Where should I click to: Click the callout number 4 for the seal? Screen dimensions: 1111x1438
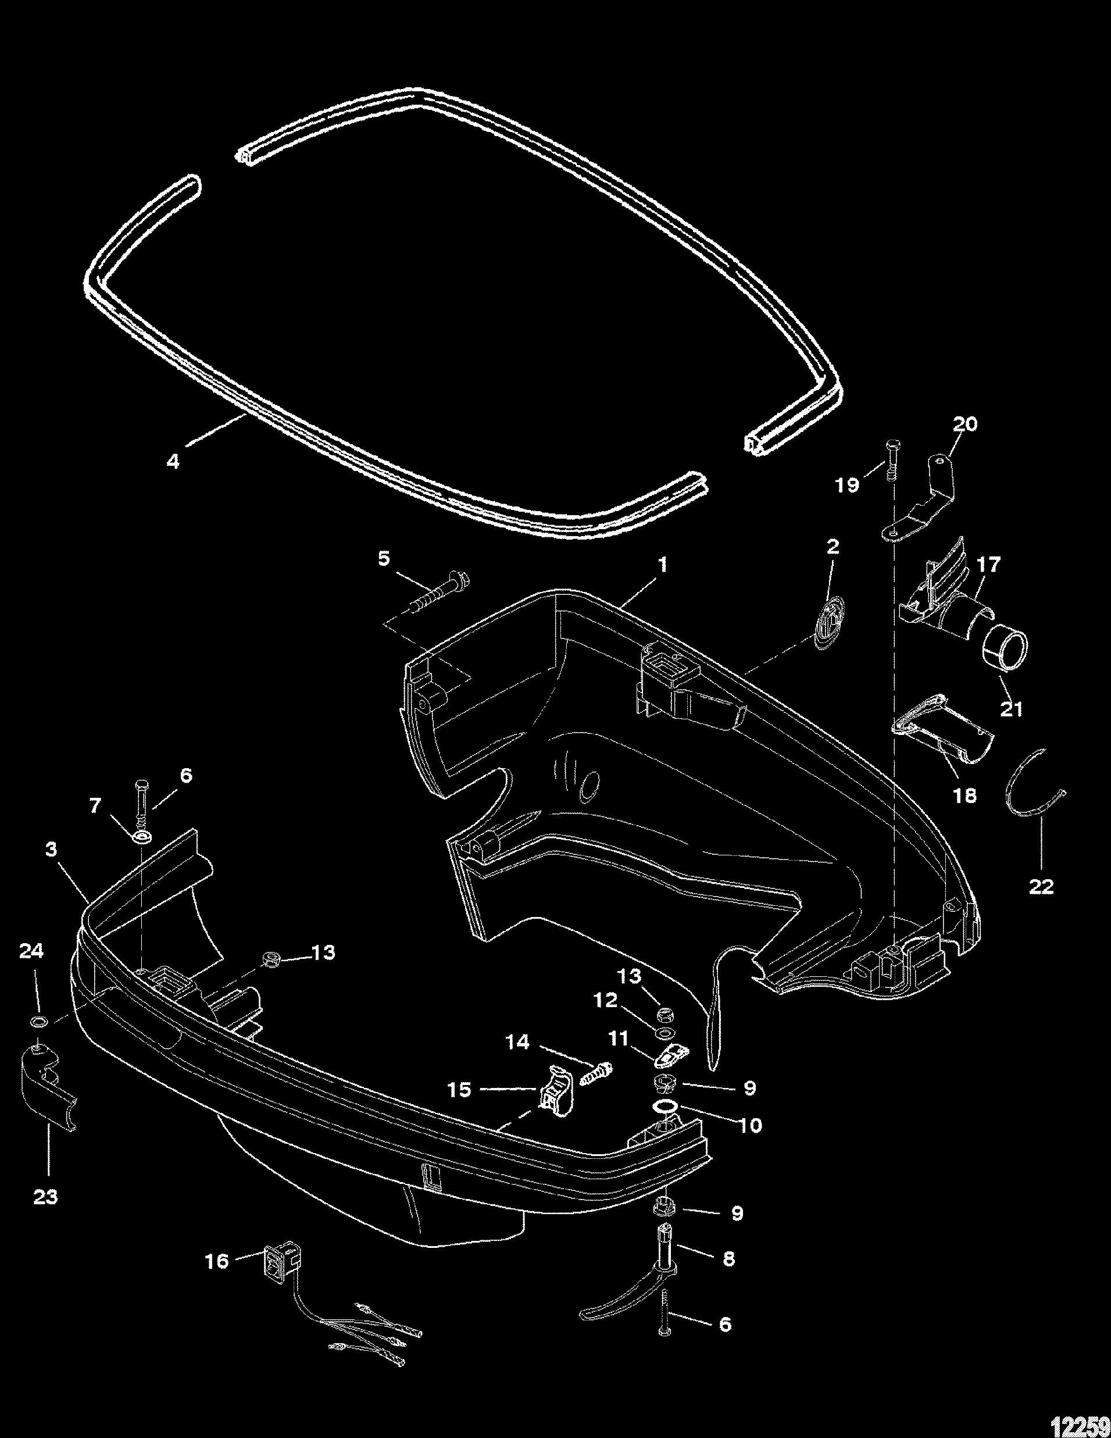[x=173, y=461]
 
